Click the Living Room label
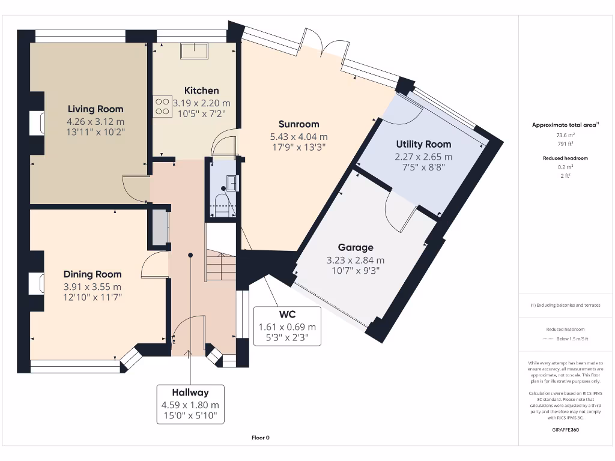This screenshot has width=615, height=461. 95,109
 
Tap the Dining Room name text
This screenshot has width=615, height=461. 92,274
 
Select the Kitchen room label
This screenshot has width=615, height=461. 201,91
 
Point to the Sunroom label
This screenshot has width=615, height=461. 298,124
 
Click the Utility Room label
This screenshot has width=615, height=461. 423,144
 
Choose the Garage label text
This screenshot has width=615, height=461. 355,247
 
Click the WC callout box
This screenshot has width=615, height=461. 286,326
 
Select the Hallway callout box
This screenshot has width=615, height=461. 190,404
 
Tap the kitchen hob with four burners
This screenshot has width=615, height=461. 162,106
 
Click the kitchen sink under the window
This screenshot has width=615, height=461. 195,51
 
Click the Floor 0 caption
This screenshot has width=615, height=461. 261,438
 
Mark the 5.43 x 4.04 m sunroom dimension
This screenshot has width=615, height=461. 298,136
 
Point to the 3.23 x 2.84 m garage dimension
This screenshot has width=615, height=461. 355,260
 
